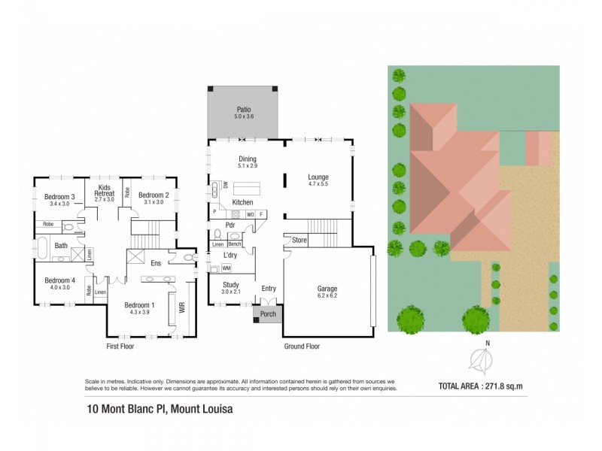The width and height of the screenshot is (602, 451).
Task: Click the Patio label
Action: (x=244, y=110)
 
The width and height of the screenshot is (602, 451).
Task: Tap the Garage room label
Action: (x=327, y=288)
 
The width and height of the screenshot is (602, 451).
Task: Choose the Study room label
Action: (x=231, y=284)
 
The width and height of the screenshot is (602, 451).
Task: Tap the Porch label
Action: (x=268, y=314)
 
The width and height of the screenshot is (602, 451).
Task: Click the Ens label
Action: (x=157, y=263)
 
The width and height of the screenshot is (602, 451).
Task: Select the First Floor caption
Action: (x=120, y=347)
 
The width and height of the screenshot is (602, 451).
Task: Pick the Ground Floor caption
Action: (x=301, y=347)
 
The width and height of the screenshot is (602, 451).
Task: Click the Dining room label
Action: (x=248, y=159)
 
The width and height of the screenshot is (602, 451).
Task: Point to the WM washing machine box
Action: (x=226, y=268)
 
